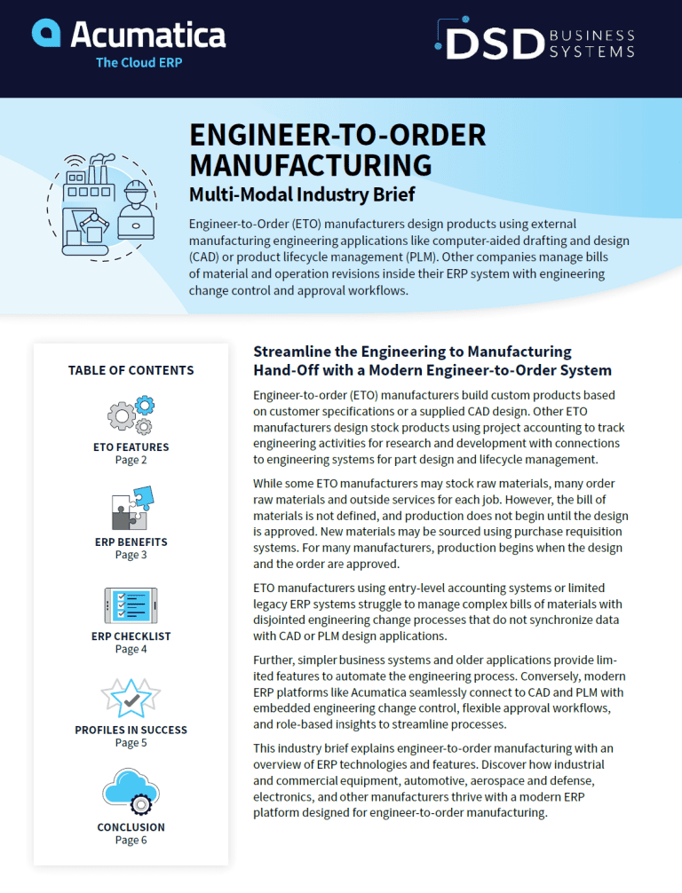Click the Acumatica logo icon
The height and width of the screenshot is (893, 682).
pyautogui.click(x=46, y=33)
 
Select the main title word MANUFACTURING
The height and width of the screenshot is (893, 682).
pyautogui.click(x=311, y=164)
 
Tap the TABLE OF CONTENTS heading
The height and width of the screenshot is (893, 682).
pyautogui.click(x=131, y=370)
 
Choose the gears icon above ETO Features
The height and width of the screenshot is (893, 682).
pyautogui.click(x=131, y=414)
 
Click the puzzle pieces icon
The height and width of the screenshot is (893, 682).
pyautogui.click(x=131, y=509)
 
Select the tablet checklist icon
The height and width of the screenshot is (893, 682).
pyautogui.click(x=131, y=605)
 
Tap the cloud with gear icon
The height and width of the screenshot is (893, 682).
pyautogui.click(x=131, y=792)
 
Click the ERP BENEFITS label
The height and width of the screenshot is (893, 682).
pyautogui.click(x=131, y=541)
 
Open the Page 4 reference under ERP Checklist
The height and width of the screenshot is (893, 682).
pyautogui.click(x=131, y=649)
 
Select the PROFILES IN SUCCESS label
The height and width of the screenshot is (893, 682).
pyautogui.click(x=131, y=730)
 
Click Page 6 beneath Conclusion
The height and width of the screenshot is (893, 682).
pyautogui.click(x=131, y=840)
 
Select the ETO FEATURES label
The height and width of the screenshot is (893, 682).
pyautogui.click(x=131, y=447)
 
